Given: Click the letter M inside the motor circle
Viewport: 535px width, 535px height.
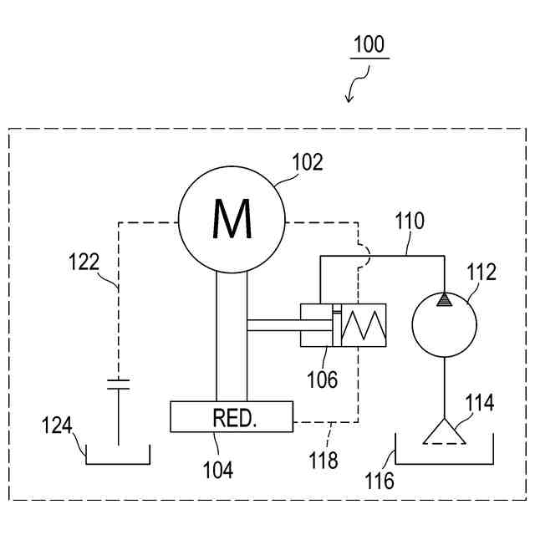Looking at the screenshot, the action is [232, 219].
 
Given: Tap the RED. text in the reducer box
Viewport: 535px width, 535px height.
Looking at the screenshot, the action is [234, 418].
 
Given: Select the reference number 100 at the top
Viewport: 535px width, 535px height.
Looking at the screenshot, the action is [369, 44].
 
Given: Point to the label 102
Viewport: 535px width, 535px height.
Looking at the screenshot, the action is [308, 162].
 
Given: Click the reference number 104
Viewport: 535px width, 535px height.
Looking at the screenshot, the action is [218, 470].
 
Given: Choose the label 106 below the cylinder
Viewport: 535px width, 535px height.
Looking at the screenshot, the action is [322, 380].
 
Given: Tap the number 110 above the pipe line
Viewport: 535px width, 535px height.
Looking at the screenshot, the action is [410, 221].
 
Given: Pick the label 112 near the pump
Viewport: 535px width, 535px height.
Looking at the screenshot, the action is [481, 272].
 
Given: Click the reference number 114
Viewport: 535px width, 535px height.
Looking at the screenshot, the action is [479, 402].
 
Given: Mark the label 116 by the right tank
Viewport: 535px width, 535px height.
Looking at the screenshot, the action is [380, 481].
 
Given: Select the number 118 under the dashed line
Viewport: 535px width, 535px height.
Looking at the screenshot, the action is [324, 460].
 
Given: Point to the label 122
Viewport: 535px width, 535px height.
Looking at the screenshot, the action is [84, 262].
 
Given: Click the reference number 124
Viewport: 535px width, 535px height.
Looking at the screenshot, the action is [57, 425].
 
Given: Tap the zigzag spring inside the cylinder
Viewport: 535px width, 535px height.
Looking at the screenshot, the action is [364, 325].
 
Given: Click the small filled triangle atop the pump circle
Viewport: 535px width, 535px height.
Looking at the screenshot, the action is [444, 299].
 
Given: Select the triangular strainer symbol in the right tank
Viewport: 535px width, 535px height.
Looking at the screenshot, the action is [444, 431].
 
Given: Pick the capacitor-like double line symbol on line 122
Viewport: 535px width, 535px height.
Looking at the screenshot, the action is [119, 385].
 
